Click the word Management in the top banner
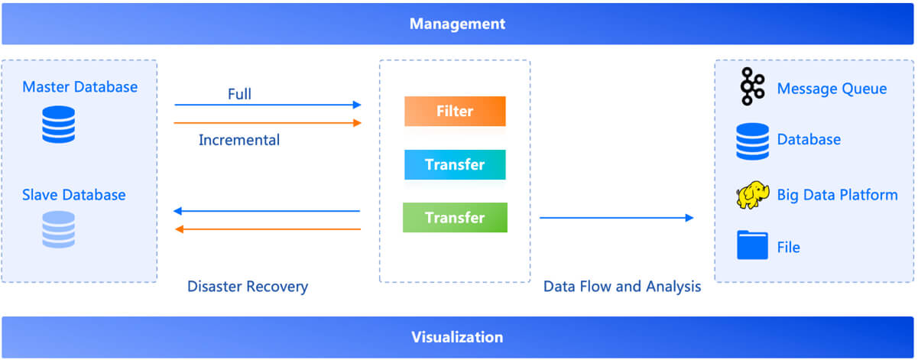point(457,24)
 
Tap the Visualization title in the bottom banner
point(457,337)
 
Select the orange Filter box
point(455,111)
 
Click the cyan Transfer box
point(455,164)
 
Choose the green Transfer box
point(455,217)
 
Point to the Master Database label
point(80,87)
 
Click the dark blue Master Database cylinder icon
point(59,125)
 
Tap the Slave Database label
point(74,195)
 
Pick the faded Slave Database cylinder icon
point(59,229)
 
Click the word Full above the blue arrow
point(239,94)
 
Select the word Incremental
point(239,140)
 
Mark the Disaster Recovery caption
point(248,286)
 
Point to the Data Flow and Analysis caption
point(622,286)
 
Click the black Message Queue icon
point(752,86)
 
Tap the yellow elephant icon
point(752,195)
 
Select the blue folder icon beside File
point(752,245)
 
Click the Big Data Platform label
point(837,195)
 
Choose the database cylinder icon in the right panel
point(752,141)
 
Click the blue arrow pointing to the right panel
point(616,218)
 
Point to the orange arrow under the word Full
point(268,123)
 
